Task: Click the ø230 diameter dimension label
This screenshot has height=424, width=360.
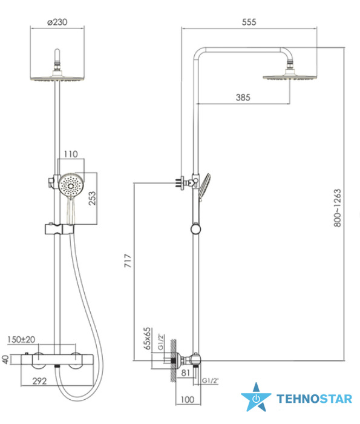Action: tap(57, 22)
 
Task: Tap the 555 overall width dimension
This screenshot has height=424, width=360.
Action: tap(249, 22)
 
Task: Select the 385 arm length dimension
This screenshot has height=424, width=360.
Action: tap(243, 98)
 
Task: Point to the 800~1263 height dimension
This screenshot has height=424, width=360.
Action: tap(338, 208)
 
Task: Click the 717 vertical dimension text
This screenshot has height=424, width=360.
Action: tap(128, 260)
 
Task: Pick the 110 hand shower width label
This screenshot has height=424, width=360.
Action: tap(71, 154)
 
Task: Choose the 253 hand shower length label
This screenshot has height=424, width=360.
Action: tap(93, 198)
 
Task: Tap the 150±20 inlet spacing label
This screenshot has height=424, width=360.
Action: tap(21, 340)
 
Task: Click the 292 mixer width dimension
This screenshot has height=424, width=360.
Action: tap(39, 381)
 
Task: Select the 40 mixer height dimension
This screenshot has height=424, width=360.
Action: tap(5, 359)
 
